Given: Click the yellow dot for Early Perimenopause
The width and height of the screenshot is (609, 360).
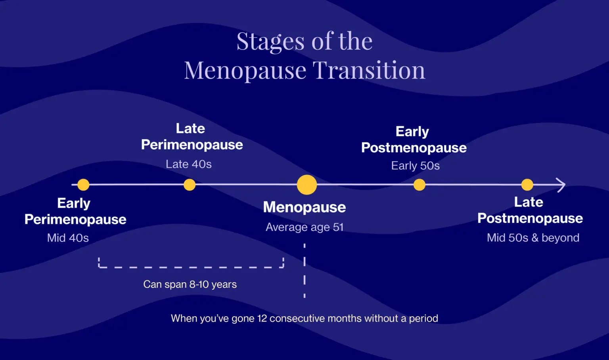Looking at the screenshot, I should [83, 185].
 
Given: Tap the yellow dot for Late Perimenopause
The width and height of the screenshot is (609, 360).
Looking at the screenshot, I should [190, 185].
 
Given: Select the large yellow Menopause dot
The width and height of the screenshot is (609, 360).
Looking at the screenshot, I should [307, 185].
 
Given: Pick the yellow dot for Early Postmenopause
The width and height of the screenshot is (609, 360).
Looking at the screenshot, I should [419, 185].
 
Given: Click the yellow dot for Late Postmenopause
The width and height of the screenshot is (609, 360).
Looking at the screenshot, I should [527, 185].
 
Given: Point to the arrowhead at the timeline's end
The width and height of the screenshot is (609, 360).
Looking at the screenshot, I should [561, 185].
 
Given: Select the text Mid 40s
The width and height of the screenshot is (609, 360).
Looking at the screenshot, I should [68, 238].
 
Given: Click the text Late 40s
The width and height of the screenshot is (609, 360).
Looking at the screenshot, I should [189, 164].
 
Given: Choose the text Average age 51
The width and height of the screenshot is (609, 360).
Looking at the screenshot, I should [304, 227].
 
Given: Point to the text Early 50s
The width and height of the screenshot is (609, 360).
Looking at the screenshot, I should [416, 166].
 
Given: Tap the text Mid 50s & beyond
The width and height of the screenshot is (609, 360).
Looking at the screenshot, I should [533, 238].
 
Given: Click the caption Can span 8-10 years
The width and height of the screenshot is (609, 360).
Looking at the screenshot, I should [190, 284].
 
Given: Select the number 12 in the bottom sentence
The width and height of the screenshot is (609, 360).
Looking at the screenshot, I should [262, 318].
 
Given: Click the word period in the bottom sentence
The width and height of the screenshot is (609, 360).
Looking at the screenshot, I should [423, 318].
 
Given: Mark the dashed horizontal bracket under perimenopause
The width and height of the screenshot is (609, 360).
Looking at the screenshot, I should [191, 267].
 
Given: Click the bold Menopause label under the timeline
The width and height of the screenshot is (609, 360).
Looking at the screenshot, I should [304, 207].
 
